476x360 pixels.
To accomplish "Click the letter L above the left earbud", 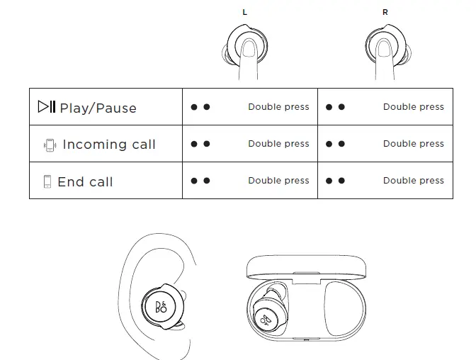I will [x=245, y=13].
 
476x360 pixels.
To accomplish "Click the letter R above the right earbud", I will [x=385, y=13].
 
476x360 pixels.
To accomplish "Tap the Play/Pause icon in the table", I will [x=46, y=107].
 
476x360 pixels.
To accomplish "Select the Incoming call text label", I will [x=109, y=145].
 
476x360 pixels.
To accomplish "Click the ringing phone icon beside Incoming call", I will [x=49, y=145].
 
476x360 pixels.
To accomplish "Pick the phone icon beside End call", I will [x=47, y=182].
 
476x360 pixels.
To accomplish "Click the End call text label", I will [x=85, y=182].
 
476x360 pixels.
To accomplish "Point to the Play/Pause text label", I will [x=98, y=108].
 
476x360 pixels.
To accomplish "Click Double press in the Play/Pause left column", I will [x=278, y=107].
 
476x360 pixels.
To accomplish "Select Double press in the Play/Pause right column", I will [x=413, y=107].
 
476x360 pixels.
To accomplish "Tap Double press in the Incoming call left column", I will [x=278, y=144].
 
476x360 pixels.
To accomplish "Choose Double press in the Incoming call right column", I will [x=413, y=144].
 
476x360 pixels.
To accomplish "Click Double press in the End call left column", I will [x=278, y=181].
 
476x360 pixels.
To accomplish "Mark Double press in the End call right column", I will [x=413, y=181].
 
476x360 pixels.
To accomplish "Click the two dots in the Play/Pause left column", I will [x=200, y=107].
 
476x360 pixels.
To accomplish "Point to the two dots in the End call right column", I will [x=335, y=181].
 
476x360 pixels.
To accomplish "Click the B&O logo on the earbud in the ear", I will [x=161, y=306].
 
